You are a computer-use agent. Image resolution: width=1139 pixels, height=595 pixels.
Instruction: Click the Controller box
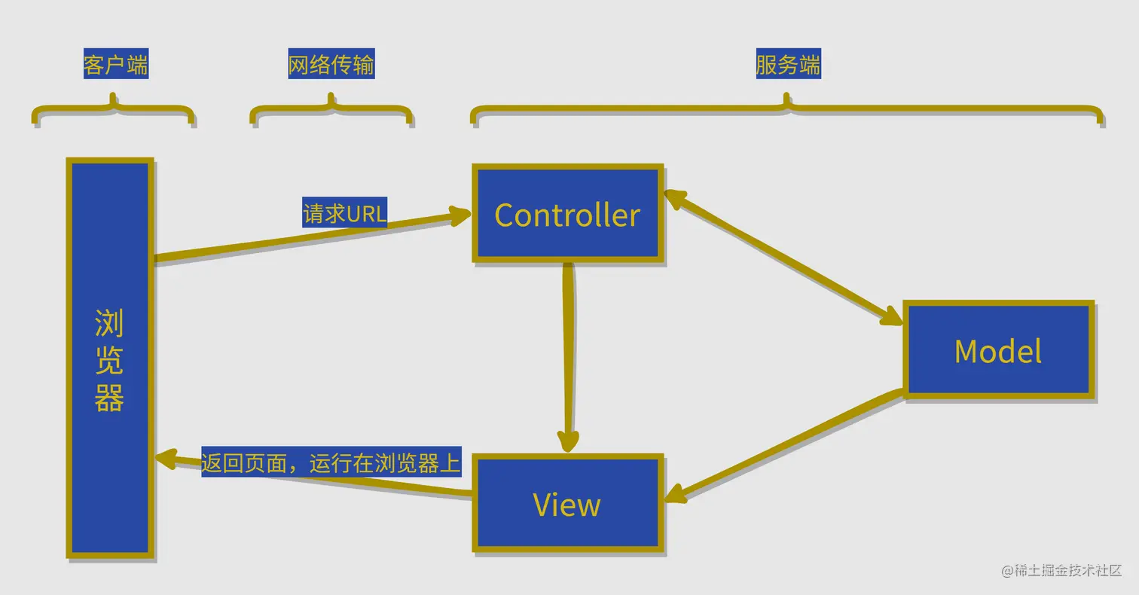[567, 214]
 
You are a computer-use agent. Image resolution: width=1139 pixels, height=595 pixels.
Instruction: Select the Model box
[998, 350]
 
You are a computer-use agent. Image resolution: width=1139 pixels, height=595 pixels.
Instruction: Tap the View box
[567, 503]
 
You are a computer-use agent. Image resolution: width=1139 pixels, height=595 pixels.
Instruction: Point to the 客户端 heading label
[115, 66]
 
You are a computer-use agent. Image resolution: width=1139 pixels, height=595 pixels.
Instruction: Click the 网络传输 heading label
[331, 66]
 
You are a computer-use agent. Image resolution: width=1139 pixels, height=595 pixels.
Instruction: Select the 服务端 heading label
[788, 66]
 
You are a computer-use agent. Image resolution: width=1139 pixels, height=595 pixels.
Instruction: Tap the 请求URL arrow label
[344, 214]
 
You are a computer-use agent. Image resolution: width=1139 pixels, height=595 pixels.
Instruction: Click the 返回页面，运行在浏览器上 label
[331, 463]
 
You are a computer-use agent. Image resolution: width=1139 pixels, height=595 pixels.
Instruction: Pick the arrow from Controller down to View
[568, 354]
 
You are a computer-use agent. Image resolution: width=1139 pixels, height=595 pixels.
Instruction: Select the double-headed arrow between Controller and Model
[783, 258]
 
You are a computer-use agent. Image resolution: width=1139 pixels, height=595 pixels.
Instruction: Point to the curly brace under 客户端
[113, 111]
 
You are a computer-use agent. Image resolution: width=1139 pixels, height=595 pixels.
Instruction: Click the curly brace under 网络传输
[331, 111]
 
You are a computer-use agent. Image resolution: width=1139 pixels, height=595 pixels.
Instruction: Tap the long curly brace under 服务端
[787, 111]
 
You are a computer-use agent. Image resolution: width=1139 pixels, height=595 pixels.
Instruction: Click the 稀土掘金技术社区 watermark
[1062, 570]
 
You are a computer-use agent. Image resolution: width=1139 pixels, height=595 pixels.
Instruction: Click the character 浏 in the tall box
[109, 324]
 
